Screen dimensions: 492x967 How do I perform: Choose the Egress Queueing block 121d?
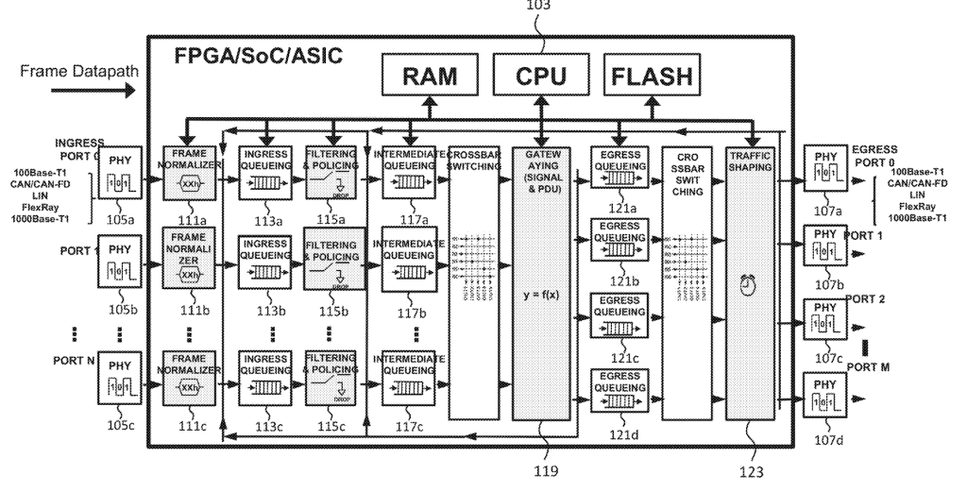pyautogui.click(x=619, y=389)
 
